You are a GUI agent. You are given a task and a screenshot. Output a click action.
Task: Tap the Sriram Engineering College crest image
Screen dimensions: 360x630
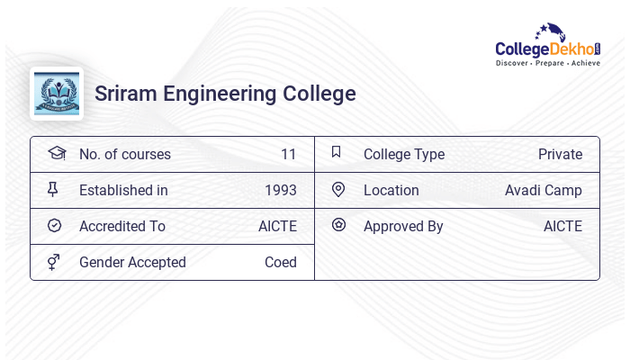(57, 94)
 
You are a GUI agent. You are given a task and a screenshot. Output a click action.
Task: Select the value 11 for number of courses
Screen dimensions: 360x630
(288, 154)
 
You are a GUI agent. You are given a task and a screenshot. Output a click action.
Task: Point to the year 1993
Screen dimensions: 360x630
(281, 190)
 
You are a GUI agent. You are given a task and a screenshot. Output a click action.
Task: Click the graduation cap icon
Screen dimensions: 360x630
(56, 153)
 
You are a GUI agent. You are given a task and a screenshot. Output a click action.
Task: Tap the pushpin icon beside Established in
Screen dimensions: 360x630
(53, 190)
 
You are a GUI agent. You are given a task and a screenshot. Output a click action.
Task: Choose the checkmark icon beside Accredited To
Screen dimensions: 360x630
(54, 226)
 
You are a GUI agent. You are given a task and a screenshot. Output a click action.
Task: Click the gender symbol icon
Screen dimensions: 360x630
(54, 262)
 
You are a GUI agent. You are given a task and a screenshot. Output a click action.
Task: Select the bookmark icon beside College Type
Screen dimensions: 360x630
(336, 152)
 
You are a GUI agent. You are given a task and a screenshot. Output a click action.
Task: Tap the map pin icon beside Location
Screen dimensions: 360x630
(338, 189)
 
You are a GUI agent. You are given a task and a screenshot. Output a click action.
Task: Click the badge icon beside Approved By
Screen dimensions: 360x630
(338, 225)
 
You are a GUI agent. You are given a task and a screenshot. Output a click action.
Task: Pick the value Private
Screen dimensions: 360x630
(560, 154)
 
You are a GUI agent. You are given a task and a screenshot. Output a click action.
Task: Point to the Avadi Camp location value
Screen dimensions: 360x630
(544, 190)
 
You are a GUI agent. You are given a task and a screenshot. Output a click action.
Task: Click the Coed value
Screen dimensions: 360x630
(281, 262)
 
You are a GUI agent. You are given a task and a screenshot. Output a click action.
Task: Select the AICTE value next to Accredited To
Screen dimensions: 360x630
(277, 226)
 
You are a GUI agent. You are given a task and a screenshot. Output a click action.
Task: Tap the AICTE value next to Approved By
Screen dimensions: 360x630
(562, 226)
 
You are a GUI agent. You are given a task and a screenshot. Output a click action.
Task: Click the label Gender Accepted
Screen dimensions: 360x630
(132, 262)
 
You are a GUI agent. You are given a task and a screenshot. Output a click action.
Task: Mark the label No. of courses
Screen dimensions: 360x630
(125, 154)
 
